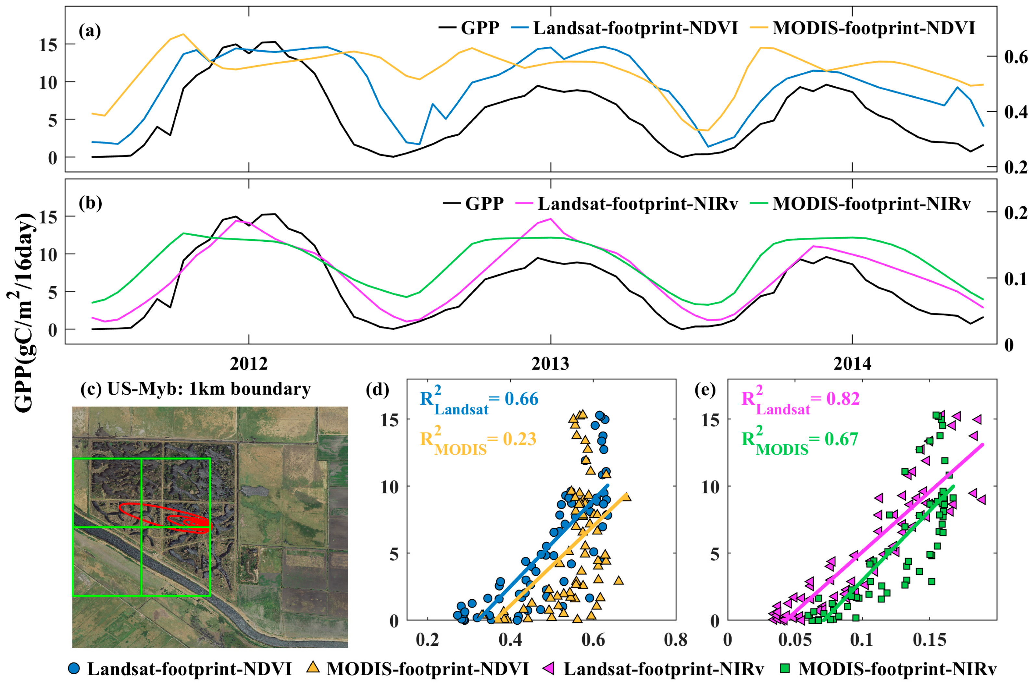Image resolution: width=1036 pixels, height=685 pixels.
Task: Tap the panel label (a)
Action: pyautogui.click(x=90, y=31)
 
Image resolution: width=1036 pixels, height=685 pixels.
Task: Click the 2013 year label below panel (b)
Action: pyautogui.click(x=550, y=363)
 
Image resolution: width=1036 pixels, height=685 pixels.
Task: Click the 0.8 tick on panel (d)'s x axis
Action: pyautogui.click(x=675, y=640)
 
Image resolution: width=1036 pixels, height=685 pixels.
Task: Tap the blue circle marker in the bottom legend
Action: pyautogui.click(x=74, y=668)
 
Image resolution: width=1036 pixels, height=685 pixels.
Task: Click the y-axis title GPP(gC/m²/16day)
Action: pyautogui.click(x=24, y=312)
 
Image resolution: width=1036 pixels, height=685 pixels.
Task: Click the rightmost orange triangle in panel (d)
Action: pyautogui.click(x=626, y=497)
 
